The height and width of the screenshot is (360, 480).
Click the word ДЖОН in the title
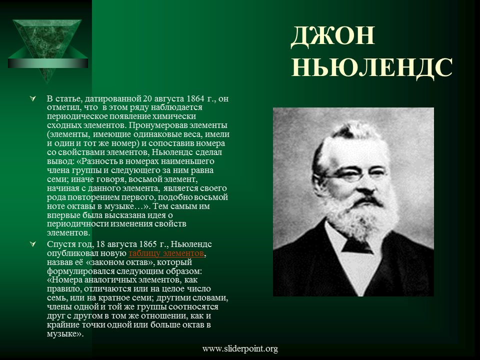click(x=333, y=36)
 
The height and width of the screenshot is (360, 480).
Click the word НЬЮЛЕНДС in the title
click(x=372, y=68)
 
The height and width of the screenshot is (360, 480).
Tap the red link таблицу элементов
click(x=166, y=253)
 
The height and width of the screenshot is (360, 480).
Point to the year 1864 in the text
click(x=195, y=98)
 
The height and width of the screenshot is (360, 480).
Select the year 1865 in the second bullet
click(x=148, y=244)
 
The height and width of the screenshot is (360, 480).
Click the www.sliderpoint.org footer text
click(x=240, y=348)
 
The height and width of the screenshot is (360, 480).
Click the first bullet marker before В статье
click(x=32, y=98)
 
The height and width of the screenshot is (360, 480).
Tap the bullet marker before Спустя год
click(x=32, y=244)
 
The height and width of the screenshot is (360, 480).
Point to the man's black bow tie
click(x=357, y=245)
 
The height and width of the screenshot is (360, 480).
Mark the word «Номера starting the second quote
click(x=64, y=280)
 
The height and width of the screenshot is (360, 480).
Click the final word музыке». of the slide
click(x=65, y=333)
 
